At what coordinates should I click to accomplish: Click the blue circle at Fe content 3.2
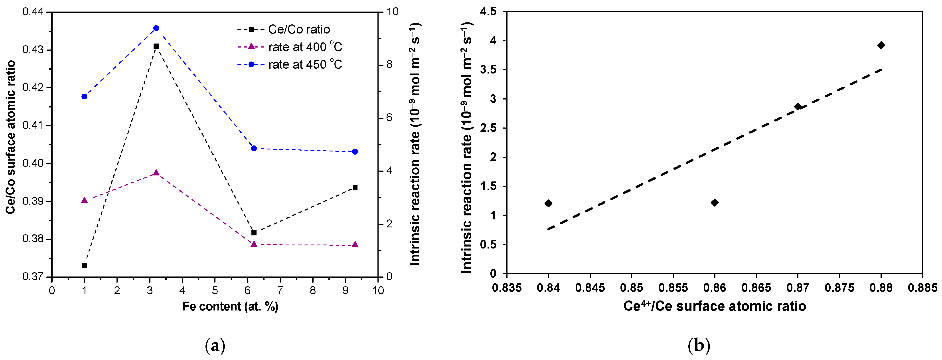coord(156,28)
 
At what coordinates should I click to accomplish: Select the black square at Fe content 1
coord(85,265)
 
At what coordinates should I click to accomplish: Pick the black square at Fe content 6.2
coord(254,233)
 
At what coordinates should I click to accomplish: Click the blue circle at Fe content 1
coord(85,97)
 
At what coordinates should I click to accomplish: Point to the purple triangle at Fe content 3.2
coord(156,173)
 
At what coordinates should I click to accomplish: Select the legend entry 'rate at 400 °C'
coord(305,47)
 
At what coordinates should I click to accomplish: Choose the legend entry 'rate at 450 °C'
coord(305,64)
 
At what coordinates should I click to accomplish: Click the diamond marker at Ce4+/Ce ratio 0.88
coord(881,45)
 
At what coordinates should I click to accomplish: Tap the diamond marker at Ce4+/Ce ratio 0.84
coord(548,203)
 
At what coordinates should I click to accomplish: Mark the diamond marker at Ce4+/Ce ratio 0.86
coord(715,203)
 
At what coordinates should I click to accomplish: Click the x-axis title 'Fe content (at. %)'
coord(230,306)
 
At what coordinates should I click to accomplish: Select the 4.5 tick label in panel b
coord(489,12)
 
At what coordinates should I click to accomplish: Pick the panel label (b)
coord(699,345)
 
